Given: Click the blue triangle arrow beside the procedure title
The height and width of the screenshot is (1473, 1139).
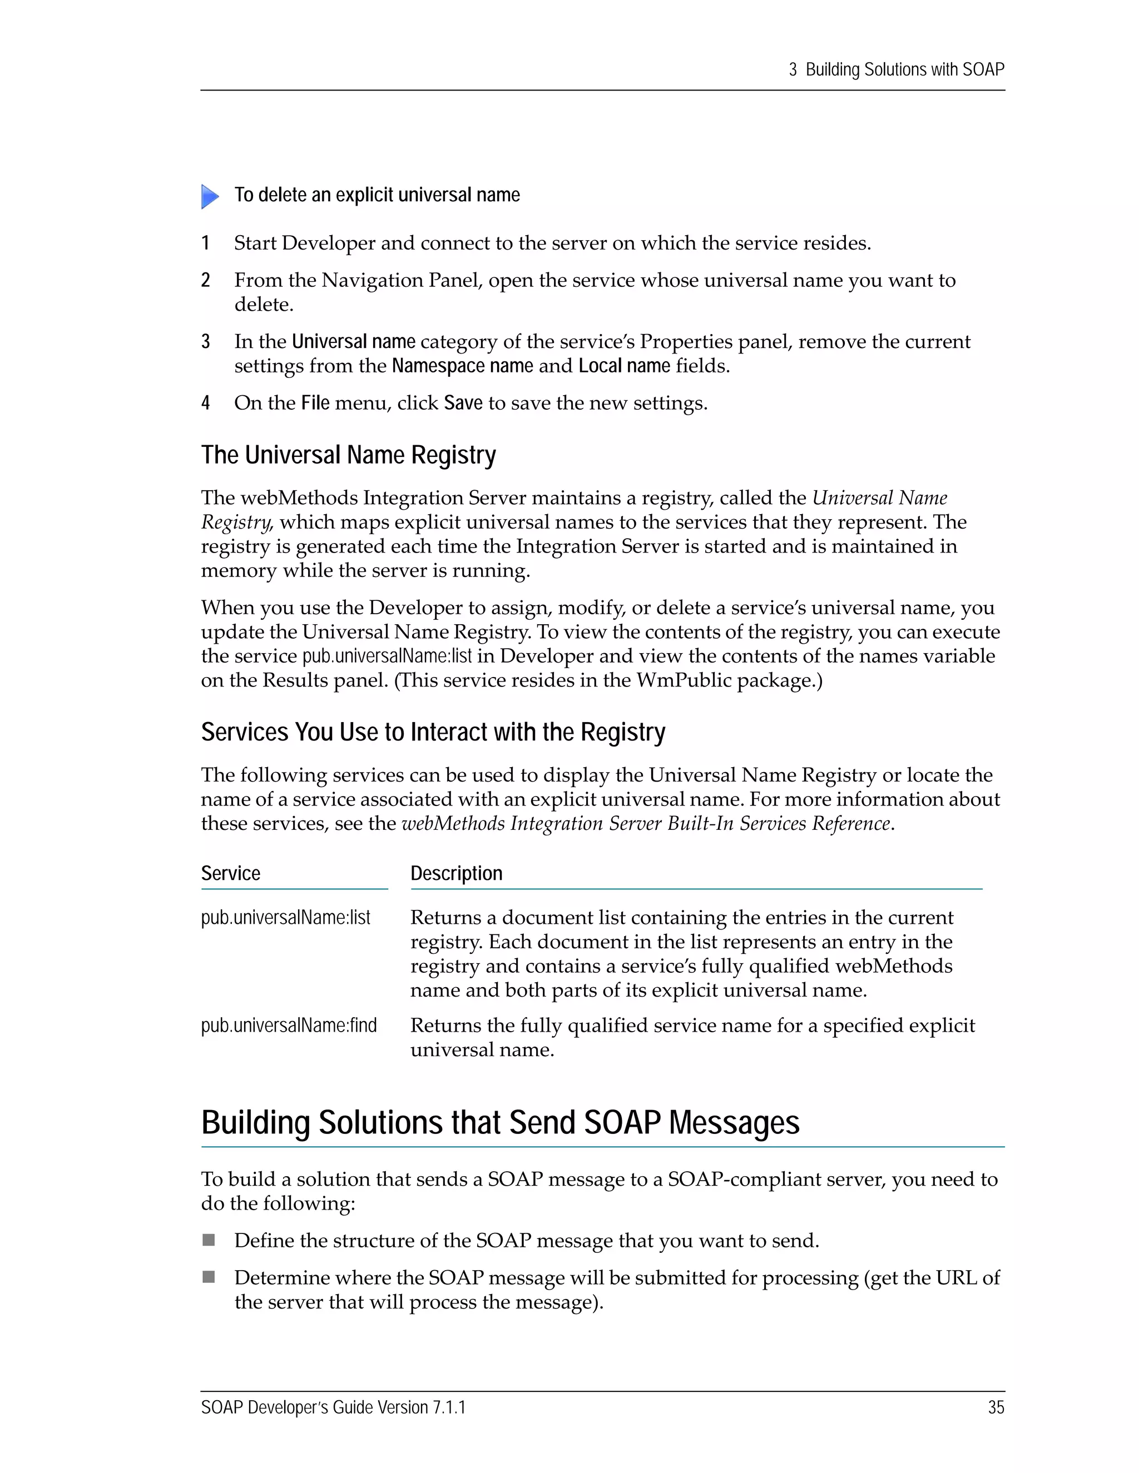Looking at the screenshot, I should click(x=210, y=196).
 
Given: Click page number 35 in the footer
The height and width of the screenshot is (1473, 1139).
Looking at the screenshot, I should click(x=996, y=1407).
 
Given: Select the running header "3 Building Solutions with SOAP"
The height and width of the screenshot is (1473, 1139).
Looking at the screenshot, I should click(x=896, y=69).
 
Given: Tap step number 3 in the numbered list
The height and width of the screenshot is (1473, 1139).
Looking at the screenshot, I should click(x=206, y=341).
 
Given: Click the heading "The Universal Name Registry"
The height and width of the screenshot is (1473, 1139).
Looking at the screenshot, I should click(x=348, y=455).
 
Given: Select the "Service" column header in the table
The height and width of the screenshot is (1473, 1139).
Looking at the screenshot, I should click(x=231, y=873).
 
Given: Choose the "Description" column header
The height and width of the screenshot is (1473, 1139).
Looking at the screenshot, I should click(x=456, y=873).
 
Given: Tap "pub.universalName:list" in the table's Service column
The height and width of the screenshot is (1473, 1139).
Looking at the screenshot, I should click(x=285, y=917).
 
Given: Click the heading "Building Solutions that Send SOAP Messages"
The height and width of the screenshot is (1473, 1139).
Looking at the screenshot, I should click(x=500, y=1122).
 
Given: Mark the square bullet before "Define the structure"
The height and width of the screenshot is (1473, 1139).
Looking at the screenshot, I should click(x=209, y=1240).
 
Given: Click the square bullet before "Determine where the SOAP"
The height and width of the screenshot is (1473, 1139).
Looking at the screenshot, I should click(x=209, y=1277).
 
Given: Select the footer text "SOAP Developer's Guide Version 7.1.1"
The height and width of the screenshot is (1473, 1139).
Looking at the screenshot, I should click(x=333, y=1407).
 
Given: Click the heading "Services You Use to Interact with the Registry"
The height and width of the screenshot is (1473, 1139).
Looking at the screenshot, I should click(x=433, y=732).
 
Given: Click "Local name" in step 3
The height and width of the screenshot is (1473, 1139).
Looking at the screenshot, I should click(x=624, y=366).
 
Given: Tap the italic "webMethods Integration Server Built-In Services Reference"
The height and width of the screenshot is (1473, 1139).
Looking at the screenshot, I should click(x=646, y=824).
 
